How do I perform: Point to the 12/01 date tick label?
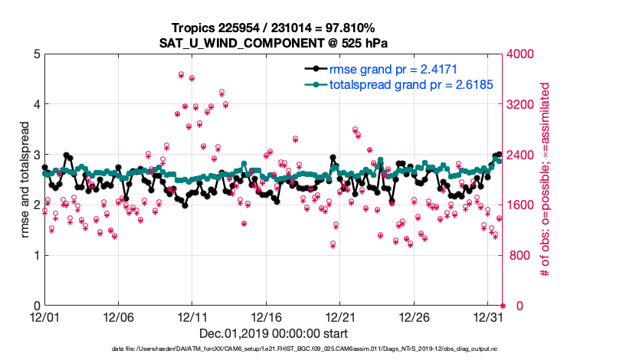[44, 316]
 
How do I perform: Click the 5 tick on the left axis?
[34, 54]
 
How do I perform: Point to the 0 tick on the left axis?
[34, 306]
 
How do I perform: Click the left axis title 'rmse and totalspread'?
[16, 180]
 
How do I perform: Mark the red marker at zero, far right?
[503, 306]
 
